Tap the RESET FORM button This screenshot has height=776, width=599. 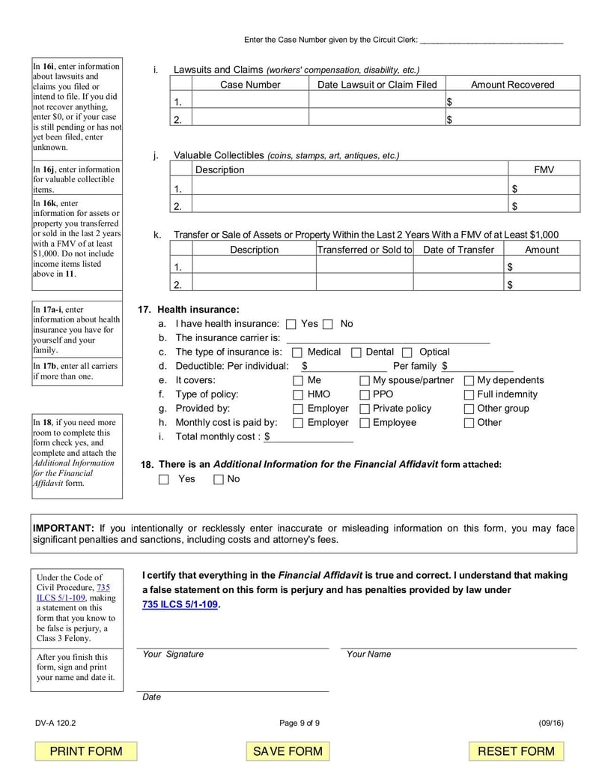[x=516, y=751]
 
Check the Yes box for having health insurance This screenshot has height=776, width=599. [x=291, y=325]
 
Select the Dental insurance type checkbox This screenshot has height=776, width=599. [x=356, y=352]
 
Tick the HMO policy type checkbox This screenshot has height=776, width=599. [x=298, y=394]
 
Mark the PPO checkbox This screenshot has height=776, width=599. [x=365, y=394]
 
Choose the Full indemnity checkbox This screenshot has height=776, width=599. [x=469, y=394]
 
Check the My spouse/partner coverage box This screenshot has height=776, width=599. [x=365, y=381]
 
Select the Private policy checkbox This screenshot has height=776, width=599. [x=365, y=409]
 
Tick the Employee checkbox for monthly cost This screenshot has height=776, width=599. [x=365, y=423]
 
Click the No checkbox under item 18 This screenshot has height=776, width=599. [x=219, y=480]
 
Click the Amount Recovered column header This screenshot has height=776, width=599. [x=512, y=85]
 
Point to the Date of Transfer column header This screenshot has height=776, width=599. [x=458, y=250]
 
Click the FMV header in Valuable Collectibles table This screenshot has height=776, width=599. [x=544, y=170]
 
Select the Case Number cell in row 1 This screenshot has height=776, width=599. [x=250, y=101]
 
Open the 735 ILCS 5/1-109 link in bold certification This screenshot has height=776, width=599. [x=180, y=604]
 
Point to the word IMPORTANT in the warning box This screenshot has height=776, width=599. [x=64, y=528]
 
